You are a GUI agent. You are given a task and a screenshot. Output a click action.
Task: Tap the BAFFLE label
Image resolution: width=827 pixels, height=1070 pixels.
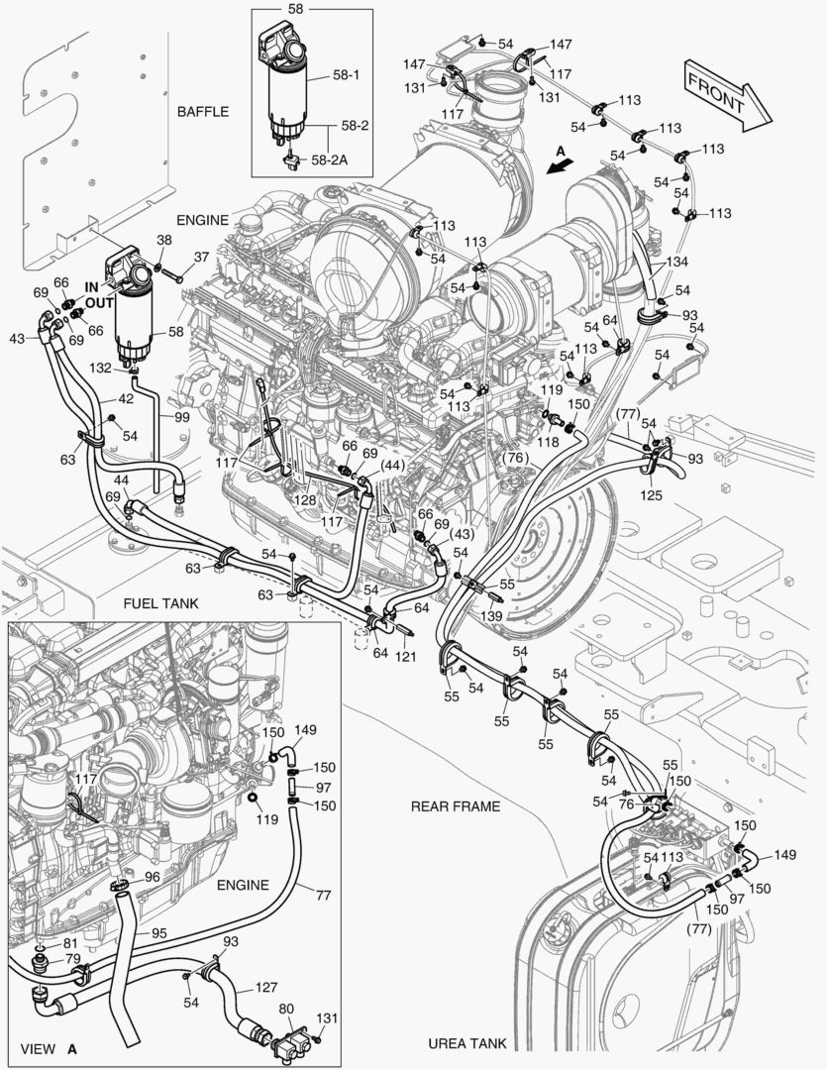202,112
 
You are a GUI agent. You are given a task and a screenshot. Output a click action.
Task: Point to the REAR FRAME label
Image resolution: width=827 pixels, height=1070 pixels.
456,806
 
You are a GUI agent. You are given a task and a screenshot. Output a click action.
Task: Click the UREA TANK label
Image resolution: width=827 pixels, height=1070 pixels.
467,1043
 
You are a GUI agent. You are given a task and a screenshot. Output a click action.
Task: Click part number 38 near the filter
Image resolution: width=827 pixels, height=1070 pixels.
163,240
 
